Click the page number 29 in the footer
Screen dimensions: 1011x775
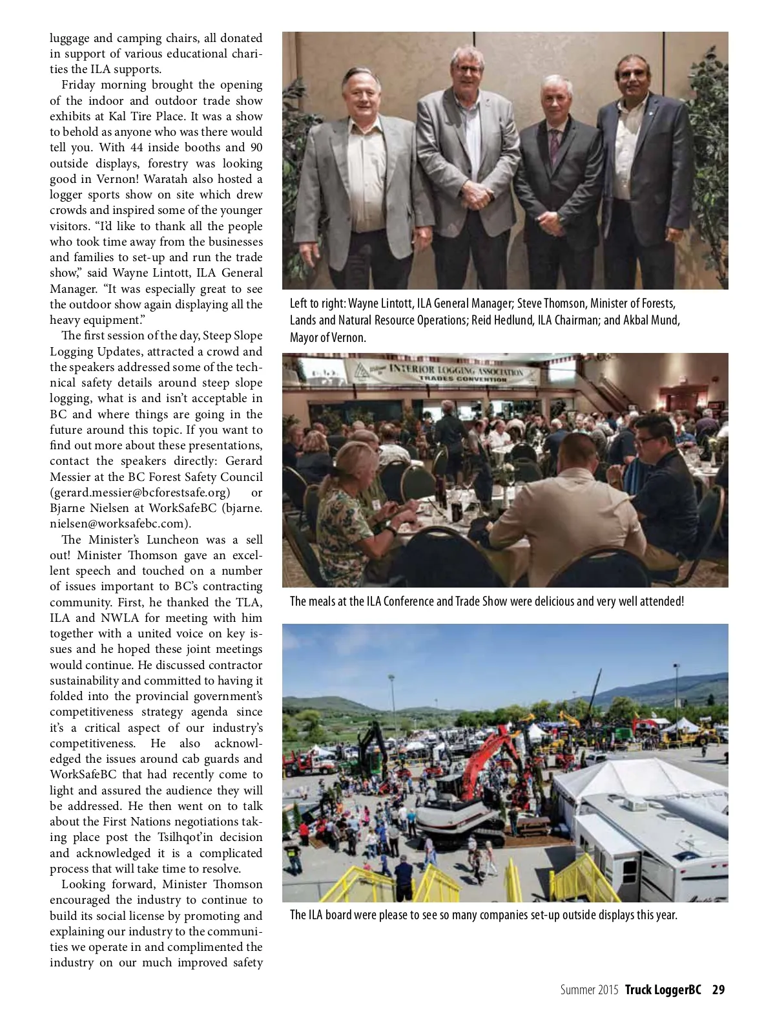pyautogui.click(x=718, y=990)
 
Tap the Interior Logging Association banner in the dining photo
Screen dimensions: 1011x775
pyautogui.click(x=443, y=373)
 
